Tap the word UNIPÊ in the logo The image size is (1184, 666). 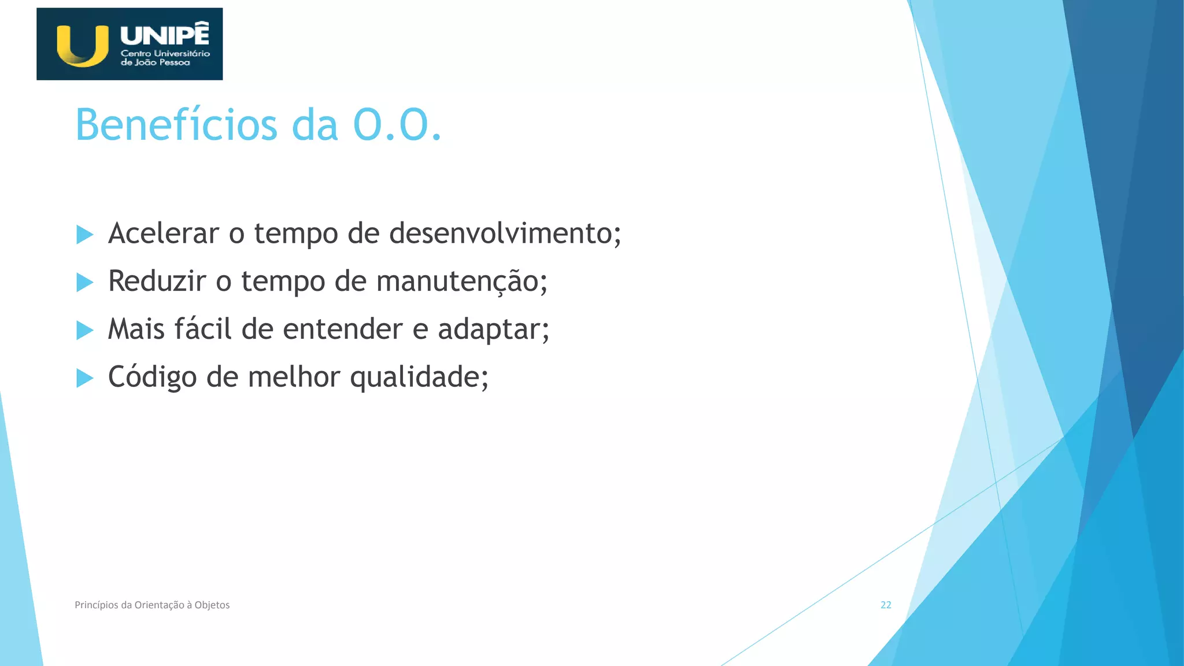click(165, 35)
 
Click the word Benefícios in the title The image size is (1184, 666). click(176, 125)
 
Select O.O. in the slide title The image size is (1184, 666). click(397, 125)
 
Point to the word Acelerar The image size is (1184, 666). click(164, 234)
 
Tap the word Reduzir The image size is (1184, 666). click(157, 282)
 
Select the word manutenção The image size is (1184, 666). click(458, 282)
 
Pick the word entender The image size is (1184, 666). click(343, 330)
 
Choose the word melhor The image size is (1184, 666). click(294, 378)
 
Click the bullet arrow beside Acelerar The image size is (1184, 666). click(84, 235)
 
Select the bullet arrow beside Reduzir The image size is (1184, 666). click(84, 283)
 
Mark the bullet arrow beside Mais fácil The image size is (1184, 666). click(84, 331)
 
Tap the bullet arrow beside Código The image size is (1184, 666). click(84, 379)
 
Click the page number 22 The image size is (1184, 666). click(886, 605)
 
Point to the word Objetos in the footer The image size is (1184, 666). click(212, 605)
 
